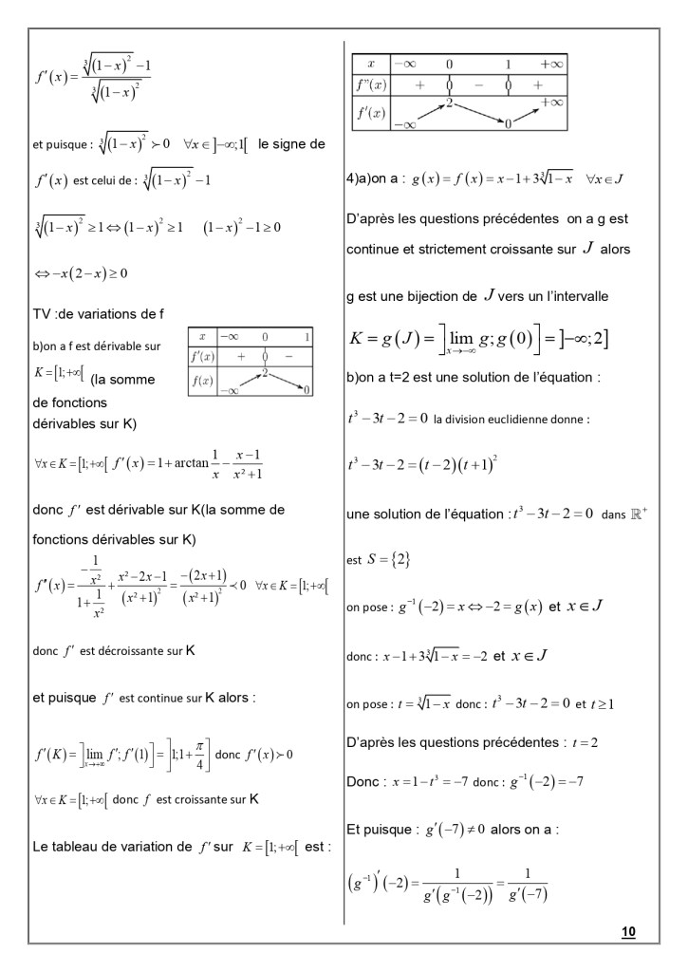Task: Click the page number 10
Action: [x=627, y=932]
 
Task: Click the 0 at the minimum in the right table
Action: [x=509, y=122]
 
